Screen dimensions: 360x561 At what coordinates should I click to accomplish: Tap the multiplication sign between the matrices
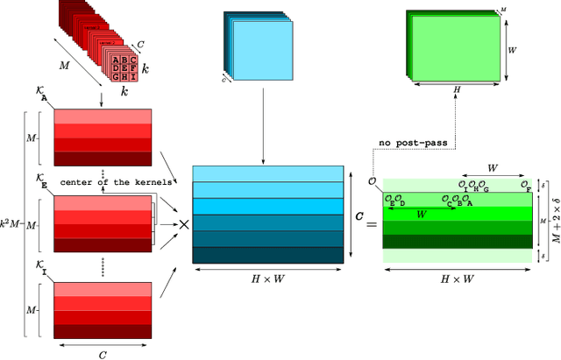[185, 223]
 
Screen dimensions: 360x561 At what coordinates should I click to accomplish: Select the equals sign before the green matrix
[370, 224]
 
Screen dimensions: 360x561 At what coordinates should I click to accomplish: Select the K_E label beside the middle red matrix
[43, 178]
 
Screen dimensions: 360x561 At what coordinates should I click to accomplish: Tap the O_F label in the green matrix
[524, 186]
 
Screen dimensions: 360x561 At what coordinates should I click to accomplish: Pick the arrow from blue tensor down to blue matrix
[264, 123]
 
